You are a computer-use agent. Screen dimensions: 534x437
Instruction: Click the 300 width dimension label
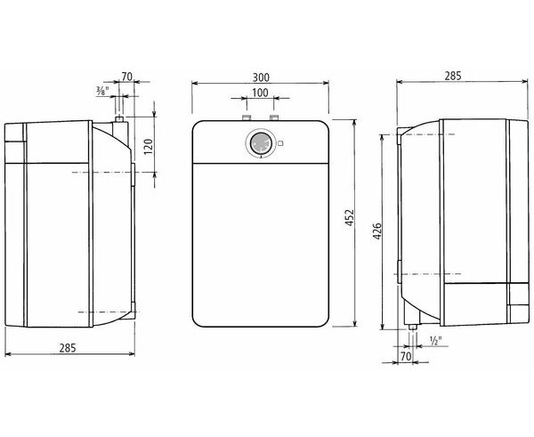(x=261, y=77)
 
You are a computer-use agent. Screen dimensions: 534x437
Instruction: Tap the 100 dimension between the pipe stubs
(x=260, y=93)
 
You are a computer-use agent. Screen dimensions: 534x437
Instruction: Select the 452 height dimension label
(x=350, y=218)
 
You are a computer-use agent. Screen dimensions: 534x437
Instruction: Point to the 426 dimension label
(x=377, y=231)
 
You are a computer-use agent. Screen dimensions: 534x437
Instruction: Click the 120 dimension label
(x=148, y=147)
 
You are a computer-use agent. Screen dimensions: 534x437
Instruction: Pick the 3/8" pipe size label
(x=102, y=90)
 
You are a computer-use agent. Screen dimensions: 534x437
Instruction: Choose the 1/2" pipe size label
(x=435, y=341)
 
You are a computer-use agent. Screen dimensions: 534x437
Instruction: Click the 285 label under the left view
(x=68, y=348)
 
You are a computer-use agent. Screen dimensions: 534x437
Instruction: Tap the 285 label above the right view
(x=453, y=76)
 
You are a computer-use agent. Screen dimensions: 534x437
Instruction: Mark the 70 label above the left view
(x=126, y=77)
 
